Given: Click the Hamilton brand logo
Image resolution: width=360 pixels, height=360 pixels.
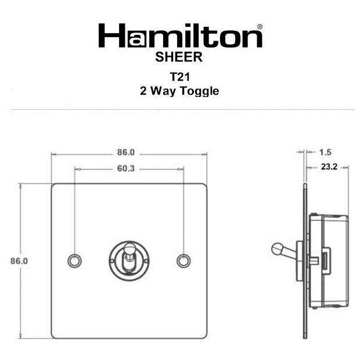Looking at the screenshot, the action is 180,35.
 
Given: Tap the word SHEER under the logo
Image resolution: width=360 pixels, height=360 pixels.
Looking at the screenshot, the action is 179,57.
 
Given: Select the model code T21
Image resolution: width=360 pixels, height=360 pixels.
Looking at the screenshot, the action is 180,77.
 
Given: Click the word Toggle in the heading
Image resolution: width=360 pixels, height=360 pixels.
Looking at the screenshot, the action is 199,91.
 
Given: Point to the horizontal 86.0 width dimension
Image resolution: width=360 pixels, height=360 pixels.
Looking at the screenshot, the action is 126,152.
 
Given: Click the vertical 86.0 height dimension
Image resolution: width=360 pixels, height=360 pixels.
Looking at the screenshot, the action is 19,261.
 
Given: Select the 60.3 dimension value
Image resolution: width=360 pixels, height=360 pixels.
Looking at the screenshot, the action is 126,168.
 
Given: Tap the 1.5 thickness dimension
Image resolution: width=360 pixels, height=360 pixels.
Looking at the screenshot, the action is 325,152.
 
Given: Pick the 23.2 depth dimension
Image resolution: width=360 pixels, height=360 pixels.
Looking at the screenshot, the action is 329,167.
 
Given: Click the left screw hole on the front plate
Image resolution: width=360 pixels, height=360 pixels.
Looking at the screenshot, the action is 75,261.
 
